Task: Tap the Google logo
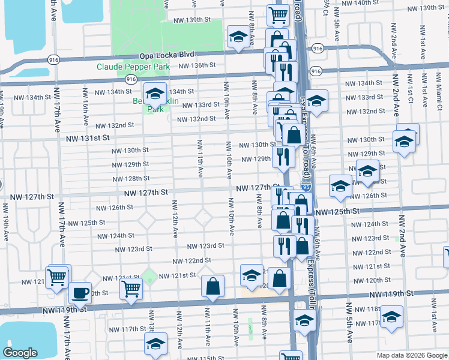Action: [21, 352]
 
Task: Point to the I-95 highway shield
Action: [306, 188]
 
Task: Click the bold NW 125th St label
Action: [336, 212]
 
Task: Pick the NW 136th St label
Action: [197, 65]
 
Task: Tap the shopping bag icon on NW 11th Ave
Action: [213, 287]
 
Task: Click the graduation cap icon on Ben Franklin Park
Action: [155, 94]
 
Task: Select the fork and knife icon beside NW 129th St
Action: [283, 157]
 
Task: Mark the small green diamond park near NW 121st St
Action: [149, 277]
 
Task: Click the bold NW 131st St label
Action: [88, 138]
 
